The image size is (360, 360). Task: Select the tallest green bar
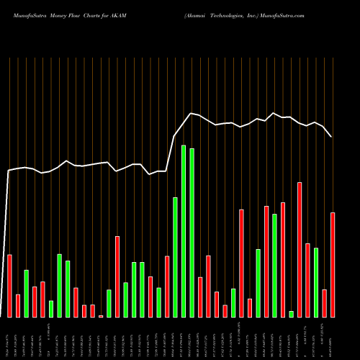[184, 231]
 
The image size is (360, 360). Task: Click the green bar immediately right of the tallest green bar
[192, 233]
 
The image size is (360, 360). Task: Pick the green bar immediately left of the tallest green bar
[175, 257]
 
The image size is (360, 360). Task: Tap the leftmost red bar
[9, 286]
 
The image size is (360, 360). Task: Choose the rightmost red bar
[333, 264]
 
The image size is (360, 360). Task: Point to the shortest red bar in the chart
[101, 316]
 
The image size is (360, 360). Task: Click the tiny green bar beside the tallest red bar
[292, 314]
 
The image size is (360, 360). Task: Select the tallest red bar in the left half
[117, 276]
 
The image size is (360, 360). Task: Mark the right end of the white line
[331, 137]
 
